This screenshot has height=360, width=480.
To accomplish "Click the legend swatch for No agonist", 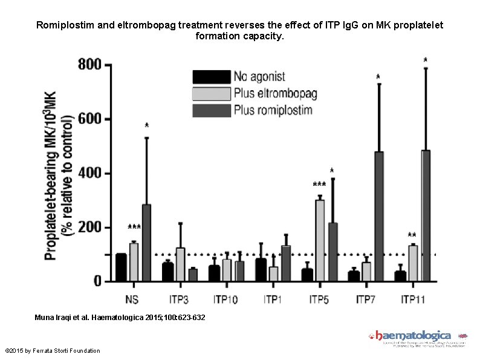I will [x=211, y=77].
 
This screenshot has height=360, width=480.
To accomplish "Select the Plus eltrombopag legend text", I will [x=275, y=93].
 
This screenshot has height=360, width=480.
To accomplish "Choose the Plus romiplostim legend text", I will [x=273, y=110].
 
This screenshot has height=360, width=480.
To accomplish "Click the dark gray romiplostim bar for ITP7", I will [x=379, y=217].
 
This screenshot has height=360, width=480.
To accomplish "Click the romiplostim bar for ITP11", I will [x=426, y=215].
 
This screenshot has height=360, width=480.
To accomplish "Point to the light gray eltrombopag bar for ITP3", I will [x=180, y=264].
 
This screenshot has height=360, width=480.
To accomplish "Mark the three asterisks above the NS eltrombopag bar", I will [x=134, y=228].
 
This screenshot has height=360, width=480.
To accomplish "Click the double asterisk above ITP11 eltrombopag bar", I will [x=412, y=236].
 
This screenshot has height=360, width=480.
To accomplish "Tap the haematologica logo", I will [x=413, y=336].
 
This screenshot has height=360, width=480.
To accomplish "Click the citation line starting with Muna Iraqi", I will [x=120, y=317].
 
